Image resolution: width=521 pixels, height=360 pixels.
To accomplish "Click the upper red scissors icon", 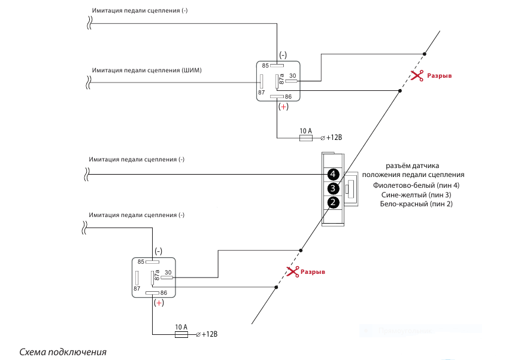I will point(417,75).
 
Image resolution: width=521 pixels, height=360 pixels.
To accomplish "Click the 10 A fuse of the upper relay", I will point(305,138).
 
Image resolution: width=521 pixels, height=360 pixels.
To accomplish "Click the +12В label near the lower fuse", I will point(210,334).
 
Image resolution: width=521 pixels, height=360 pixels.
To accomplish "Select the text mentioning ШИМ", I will point(147,70).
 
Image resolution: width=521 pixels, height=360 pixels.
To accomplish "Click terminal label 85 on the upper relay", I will point(265,65).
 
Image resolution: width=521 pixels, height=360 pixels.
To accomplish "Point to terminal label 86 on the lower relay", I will point(163,292).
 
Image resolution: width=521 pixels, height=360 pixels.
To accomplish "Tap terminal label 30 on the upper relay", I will point(293,75).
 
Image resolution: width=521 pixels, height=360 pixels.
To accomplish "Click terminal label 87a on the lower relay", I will point(156,275).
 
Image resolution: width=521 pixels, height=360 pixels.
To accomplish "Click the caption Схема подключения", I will point(63,352).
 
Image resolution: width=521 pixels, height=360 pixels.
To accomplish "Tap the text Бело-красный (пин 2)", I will point(416,204).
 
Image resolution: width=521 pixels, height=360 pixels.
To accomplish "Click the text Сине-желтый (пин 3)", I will point(416,195).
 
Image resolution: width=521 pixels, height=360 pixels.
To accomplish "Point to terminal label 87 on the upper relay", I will point(261,93).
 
